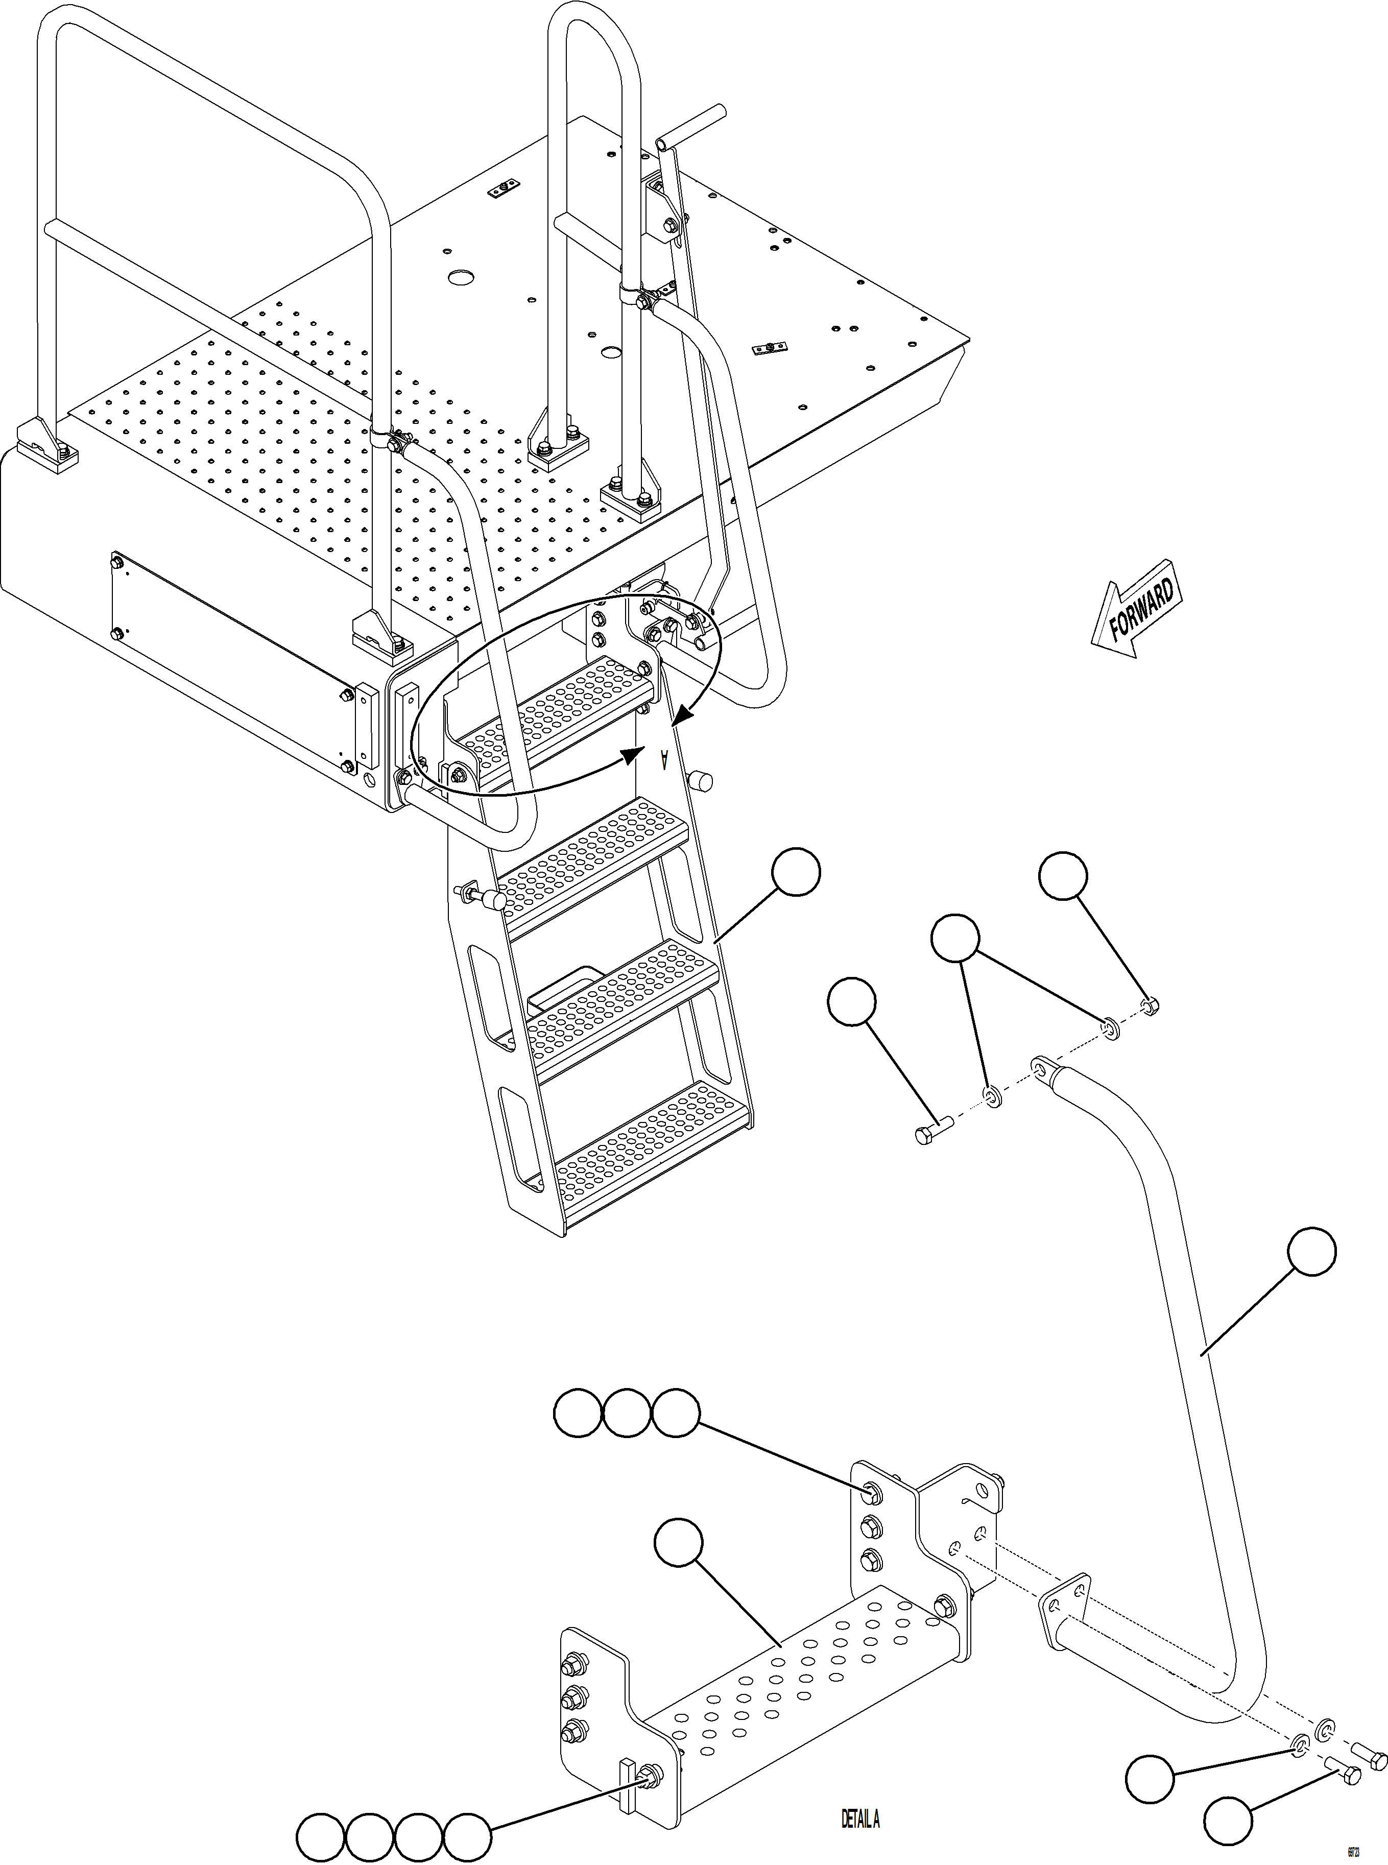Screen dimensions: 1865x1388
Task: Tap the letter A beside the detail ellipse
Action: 664,759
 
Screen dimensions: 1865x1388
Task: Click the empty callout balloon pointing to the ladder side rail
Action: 796,872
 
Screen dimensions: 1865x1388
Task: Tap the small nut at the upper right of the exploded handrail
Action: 1151,1005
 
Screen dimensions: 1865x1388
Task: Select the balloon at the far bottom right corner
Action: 1228,1821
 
